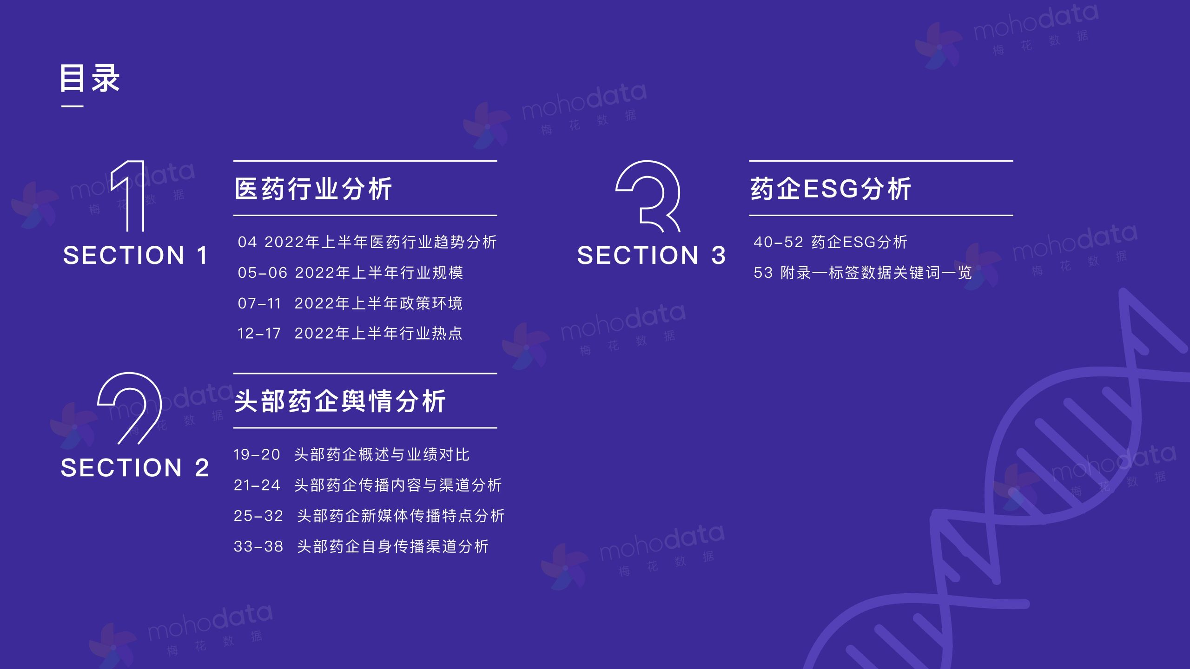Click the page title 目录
tap(90, 78)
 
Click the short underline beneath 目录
tap(73, 106)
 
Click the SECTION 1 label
tap(135, 255)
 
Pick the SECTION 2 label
tap(135, 467)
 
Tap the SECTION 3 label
tap(651, 255)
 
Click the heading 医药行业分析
tap(313, 189)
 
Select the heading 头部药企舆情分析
tap(340, 401)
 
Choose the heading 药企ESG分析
tap(831, 189)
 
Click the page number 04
tap(247, 242)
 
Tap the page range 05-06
tap(263, 273)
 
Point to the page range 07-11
tap(259, 303)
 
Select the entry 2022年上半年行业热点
tap(379, 333)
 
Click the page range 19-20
tap(257, 454)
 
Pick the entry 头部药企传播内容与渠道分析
tap(398, 485)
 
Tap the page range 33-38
tap(258, 546)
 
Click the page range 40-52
tap(778, 242)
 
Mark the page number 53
tap(763, 273)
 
